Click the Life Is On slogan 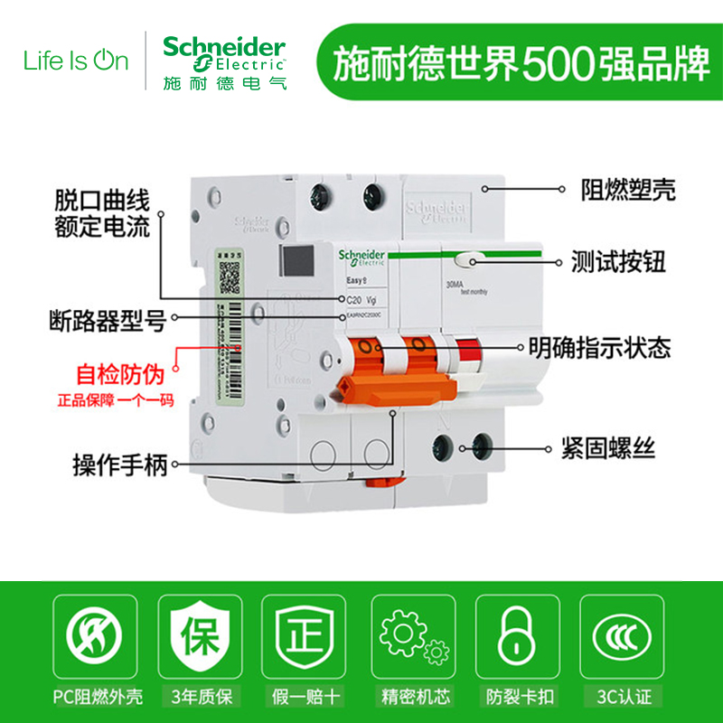point(76,61)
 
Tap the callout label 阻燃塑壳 point(627,190)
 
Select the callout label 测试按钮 point(618,263)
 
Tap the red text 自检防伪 point(115,373)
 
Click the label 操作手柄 point(120,466)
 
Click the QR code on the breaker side point(230,271)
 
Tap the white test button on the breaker point(468,261)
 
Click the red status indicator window point(466,351)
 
